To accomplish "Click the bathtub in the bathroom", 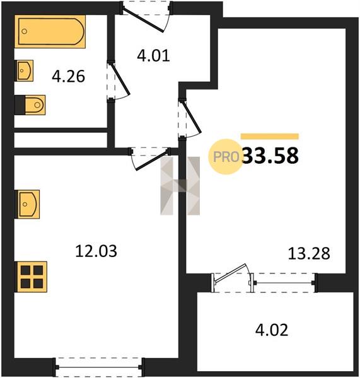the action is click(x=50, y=31).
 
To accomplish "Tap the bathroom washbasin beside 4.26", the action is click(x=25, y=71).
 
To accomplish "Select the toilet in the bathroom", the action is click(x=30, y=105).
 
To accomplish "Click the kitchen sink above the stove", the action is click(x=27, y=204).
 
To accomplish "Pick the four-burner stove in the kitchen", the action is click(x=31, y=277).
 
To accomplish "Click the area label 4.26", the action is click(x=68, y=76).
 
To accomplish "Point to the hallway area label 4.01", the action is click(x=153, y=55).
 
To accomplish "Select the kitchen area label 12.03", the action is click(x=96, y=251).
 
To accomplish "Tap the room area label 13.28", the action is click(x=309, y=253).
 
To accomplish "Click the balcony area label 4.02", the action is click(x=272, y=330).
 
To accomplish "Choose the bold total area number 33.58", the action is click(x=270, y=156).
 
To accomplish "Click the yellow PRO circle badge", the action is click(x=226, y=157).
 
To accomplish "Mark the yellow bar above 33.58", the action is click(x=270, y=137).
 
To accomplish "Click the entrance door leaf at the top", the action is click(x=143, y=20).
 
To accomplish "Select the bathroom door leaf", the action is click(x=119, y=78).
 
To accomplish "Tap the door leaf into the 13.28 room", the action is click(x=192, y=117).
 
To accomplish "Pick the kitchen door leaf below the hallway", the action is click(x=151, y=160).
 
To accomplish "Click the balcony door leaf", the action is click(x=230, y=273).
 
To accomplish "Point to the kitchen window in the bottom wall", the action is click(x=99, y=367).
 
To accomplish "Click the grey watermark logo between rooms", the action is click(x=180, y=186).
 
